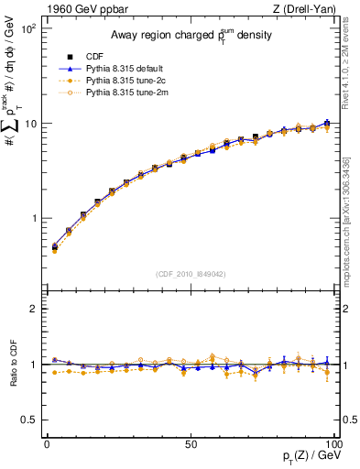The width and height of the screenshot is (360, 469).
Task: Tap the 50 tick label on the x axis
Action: pyautogui.click(x=190, y=444)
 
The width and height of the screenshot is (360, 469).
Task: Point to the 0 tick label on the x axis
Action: pyautogui.click(x=47, y=444)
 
